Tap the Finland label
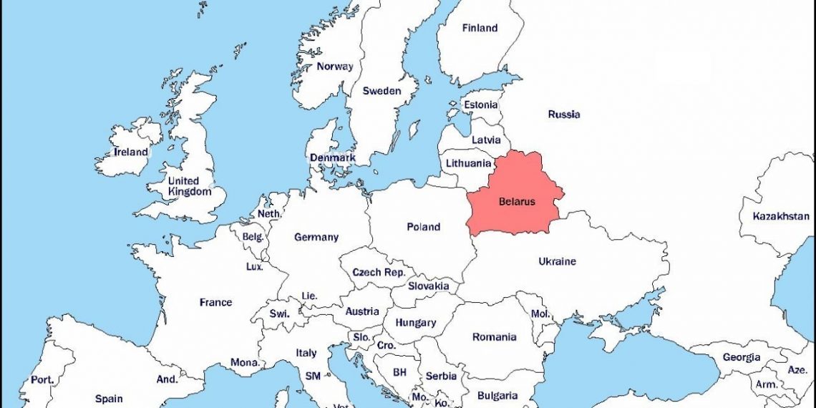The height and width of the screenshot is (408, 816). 480,29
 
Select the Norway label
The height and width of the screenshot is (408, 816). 335,67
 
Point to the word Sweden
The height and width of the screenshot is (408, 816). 382,91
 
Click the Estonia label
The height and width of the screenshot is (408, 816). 480,105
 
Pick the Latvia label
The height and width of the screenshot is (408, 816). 486,140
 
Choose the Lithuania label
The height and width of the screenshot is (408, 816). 468,163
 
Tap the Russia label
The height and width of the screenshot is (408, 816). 564,115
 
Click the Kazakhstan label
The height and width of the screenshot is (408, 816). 781,215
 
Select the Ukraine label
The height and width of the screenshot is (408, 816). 557,261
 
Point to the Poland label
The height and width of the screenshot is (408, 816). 423,227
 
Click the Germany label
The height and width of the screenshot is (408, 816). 316,237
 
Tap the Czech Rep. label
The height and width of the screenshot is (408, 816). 379,273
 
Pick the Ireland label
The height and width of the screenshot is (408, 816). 131,152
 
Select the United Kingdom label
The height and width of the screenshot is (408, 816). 190,186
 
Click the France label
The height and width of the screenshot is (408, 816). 215,302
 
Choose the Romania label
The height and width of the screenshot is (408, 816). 494,337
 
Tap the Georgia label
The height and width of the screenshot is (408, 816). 742,357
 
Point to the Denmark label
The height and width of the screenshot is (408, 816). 332,157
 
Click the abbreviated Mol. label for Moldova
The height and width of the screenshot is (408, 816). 540,314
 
